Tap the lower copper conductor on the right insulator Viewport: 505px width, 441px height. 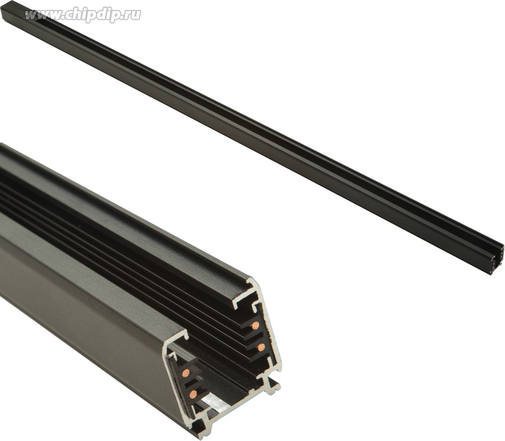[261, 347]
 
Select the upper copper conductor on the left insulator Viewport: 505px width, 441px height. [185, 373]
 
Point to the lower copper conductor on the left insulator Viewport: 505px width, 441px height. [194, 393]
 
